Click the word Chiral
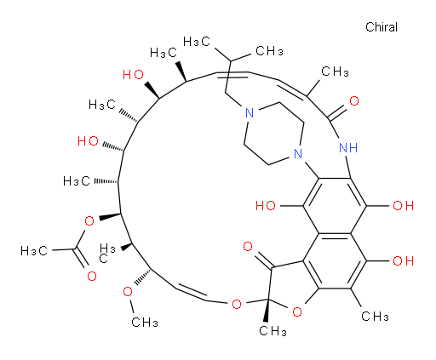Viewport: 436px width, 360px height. pos(381,27)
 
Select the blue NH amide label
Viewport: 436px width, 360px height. pos(348,148)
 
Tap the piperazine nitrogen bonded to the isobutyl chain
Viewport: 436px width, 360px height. pos(250,112)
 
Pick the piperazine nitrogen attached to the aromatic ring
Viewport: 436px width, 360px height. pos(298,153)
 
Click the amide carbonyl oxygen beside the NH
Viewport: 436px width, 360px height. pos(354,101)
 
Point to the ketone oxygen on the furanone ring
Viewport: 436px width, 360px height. pos(248,246)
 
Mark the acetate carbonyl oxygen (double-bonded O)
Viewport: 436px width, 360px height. pos(92,276)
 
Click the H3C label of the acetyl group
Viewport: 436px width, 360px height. pos(34,251)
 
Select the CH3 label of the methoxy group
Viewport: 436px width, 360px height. pos(145,323)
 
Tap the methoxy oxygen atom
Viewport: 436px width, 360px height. pos(128,291)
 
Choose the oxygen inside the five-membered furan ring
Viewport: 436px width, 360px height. pos(297,312)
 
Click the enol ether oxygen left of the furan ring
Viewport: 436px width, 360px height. pos(237,304)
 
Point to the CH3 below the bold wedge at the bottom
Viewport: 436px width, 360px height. pos(272,331)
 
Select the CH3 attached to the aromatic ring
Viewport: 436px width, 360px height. pos(375,316)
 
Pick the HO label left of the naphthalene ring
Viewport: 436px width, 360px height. pos(266,206)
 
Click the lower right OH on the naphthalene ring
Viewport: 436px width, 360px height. pos(403,260)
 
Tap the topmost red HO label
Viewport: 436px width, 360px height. pos(133,75)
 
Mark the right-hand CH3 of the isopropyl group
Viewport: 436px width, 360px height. pos(269,51)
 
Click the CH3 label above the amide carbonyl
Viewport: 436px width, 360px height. pos(335,71)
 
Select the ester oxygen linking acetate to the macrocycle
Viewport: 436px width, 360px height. pos(89,220)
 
